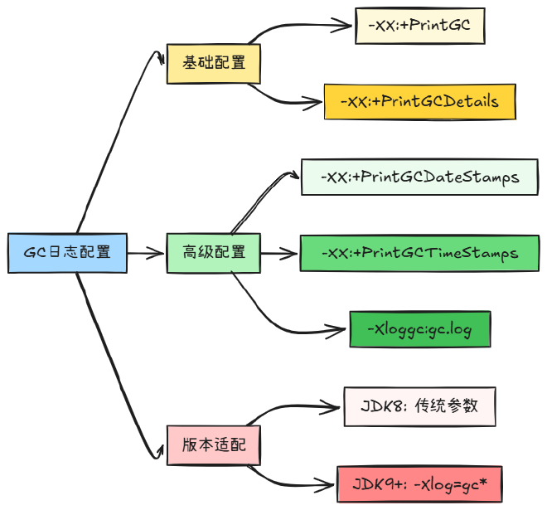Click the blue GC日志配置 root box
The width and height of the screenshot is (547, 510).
click(67, 252)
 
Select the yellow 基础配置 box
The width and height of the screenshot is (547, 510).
click(213, 63)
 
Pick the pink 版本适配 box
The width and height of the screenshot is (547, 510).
click(213, 445)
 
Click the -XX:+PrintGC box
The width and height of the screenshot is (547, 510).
click(419, 26)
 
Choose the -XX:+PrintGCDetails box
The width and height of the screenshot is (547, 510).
click(419, 102)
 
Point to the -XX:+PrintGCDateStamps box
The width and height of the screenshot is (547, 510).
click(419, 177)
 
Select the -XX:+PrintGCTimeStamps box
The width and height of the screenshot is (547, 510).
click(419, 253)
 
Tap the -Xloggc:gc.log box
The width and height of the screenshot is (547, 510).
click(419, 329)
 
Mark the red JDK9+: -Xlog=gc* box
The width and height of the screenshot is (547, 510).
click(419, 483)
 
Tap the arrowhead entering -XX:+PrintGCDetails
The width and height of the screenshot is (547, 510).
click(316, 103)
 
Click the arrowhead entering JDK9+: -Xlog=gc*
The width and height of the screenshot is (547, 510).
click(329, 483)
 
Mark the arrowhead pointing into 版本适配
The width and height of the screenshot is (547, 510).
click(159, 452)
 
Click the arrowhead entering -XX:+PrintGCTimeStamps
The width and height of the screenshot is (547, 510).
click(293, 253)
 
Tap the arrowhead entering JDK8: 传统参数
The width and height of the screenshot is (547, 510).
click(336, 406)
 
